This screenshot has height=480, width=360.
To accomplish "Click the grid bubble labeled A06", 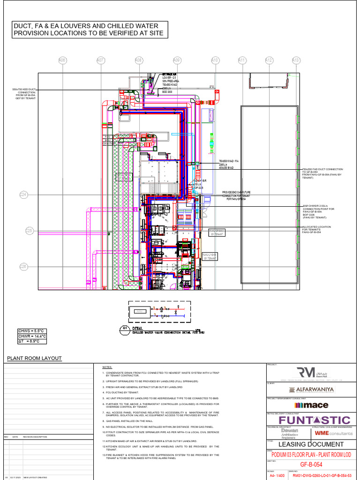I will (x=62, y=60).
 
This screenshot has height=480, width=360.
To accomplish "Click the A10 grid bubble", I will (x=215, y=60).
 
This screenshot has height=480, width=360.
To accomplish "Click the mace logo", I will (x=311, y=405).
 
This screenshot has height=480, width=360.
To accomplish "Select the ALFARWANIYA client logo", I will (x=311, y=390).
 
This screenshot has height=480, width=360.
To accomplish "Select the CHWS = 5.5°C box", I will (x=32, y=331).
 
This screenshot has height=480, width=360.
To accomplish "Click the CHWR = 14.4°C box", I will (x=32, y=337).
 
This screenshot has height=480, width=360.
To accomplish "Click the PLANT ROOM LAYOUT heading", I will (x=34, y=358).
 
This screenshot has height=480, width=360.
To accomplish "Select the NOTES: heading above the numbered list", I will (x=108, y=367).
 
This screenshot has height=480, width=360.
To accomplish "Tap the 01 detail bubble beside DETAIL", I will (x=125, y=329).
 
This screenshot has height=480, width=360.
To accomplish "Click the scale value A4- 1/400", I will (x=277, y=475).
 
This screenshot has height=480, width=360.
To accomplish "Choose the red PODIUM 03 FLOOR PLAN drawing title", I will (x=311, y=455).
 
